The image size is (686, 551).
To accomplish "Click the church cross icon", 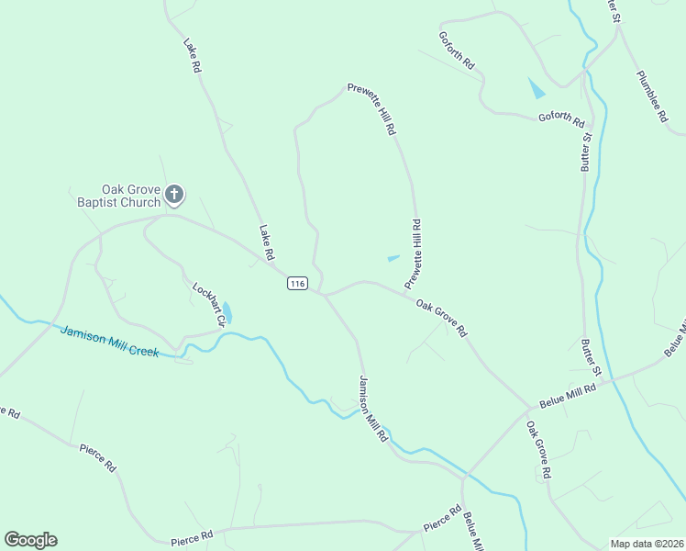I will (174, 195).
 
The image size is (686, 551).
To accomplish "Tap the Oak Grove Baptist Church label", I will (117, 195).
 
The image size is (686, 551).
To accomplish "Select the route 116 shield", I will (296, 284).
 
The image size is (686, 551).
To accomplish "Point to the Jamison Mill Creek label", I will (109, 342).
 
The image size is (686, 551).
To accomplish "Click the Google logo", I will (30, 540).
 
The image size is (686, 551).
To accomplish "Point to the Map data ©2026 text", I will (646, 544).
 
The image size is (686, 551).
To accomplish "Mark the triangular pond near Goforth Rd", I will (537, 88).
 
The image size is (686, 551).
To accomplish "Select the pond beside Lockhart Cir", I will (227, 313).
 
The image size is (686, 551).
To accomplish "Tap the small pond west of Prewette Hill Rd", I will (393, 258).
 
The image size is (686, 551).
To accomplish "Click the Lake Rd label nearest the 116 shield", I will (267, 242).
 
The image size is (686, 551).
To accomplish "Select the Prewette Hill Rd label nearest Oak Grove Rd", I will (414, 250).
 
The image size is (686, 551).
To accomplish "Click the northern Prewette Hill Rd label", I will (371, 109).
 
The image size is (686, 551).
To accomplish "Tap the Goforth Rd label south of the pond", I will (560, 117).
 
